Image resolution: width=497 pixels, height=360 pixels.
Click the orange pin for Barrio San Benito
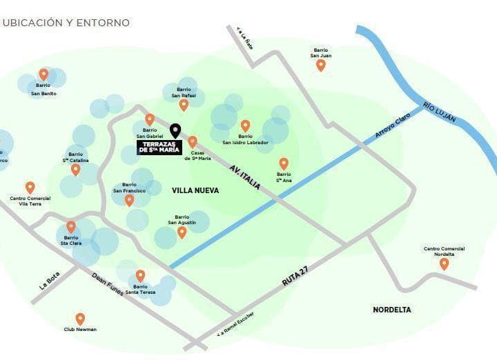tap(43, 74)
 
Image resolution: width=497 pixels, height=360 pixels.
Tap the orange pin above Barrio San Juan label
tap(320, 66)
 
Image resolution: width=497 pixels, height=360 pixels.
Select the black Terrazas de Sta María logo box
tap(159, 147)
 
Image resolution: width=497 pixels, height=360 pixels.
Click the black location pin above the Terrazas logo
tap(175, 130)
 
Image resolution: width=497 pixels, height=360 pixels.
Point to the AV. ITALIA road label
tap(245, 176)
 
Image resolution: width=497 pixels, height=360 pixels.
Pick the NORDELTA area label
tap(391, 310)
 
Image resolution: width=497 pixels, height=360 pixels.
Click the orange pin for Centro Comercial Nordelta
tap(444, 263)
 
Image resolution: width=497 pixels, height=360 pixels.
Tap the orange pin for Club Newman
tap(80, 319)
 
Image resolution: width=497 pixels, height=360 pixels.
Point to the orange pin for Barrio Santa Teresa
tap(140, 275)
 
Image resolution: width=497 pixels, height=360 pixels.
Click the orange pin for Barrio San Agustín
tap(182, 232)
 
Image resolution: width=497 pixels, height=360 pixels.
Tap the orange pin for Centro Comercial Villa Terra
tap(30, 188)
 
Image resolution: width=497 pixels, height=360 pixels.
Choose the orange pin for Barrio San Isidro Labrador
tap(245, 126)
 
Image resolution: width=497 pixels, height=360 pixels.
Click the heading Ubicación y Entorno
tap(66, 23)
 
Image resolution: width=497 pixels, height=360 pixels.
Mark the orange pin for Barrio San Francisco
tap(129, 200)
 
